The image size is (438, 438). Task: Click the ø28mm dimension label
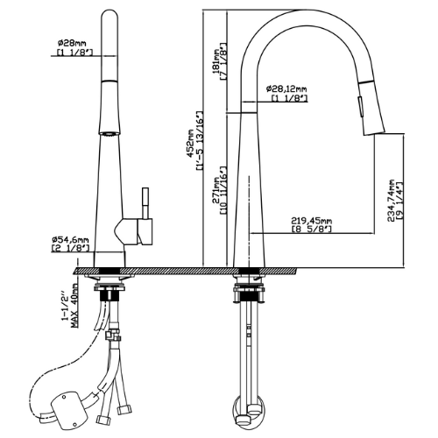(72, 43)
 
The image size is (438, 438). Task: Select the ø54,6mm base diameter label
(70, 240)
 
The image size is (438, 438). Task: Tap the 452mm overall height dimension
(191, 144)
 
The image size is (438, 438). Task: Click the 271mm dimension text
(216, 190)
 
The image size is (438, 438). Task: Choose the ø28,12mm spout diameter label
(286, 88)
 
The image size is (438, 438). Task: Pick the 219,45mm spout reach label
(312, 221)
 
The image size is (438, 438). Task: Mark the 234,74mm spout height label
(392, 201)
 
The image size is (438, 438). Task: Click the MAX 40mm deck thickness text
(74, 307)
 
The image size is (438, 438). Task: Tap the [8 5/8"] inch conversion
(312, 229)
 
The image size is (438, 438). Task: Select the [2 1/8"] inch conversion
(70, 248)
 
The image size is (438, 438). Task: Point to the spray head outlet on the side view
(375, 132)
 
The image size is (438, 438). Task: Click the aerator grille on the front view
(109, 134)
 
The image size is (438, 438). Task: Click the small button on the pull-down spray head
(360, 107)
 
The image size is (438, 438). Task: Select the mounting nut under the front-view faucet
(109, 294)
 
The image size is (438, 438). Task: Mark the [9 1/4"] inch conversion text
(399, 201)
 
